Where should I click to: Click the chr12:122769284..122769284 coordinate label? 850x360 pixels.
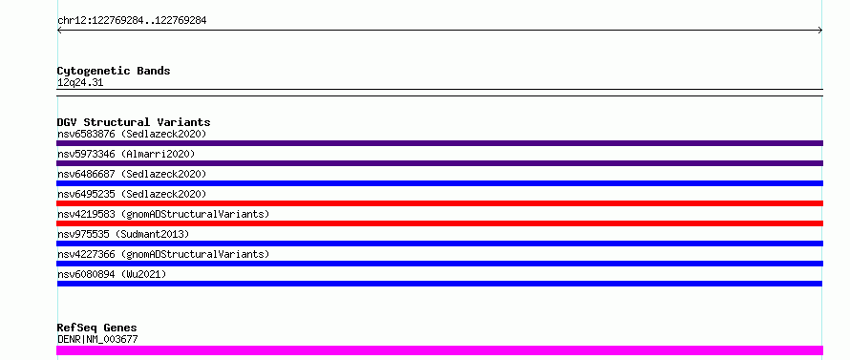click(132, 21)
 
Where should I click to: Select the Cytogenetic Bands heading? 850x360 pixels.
click(114, 71)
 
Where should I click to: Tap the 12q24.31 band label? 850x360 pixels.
click(80, 83)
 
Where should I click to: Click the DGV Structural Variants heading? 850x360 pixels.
click(134, 122)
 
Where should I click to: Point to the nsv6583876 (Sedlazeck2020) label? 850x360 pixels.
click(132, 134)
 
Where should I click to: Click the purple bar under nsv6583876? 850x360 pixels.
click(439, 143)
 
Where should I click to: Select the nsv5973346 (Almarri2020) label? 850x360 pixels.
click(126, 154)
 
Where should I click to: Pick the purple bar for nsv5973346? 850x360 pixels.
click(439, 163)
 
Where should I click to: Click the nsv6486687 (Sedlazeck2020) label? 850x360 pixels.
click(132, 174)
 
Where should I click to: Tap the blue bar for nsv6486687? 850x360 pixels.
click(439, 183)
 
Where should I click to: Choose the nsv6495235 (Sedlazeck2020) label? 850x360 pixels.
click(132, 194)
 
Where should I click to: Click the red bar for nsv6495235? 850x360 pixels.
click(439, 203)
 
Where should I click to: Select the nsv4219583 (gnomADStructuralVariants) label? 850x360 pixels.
click(163, 214)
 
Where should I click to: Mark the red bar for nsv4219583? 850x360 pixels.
click(439, 223)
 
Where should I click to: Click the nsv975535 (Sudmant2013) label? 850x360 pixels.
click(123, 234)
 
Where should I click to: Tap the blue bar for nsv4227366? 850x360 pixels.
click(439, 264)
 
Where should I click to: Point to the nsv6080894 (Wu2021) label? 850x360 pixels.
click(112, 274)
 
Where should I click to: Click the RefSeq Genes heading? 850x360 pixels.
click(96, 328)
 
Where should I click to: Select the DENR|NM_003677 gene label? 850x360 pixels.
click(97, 339)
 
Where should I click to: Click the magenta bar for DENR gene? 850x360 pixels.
click(439, 350)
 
